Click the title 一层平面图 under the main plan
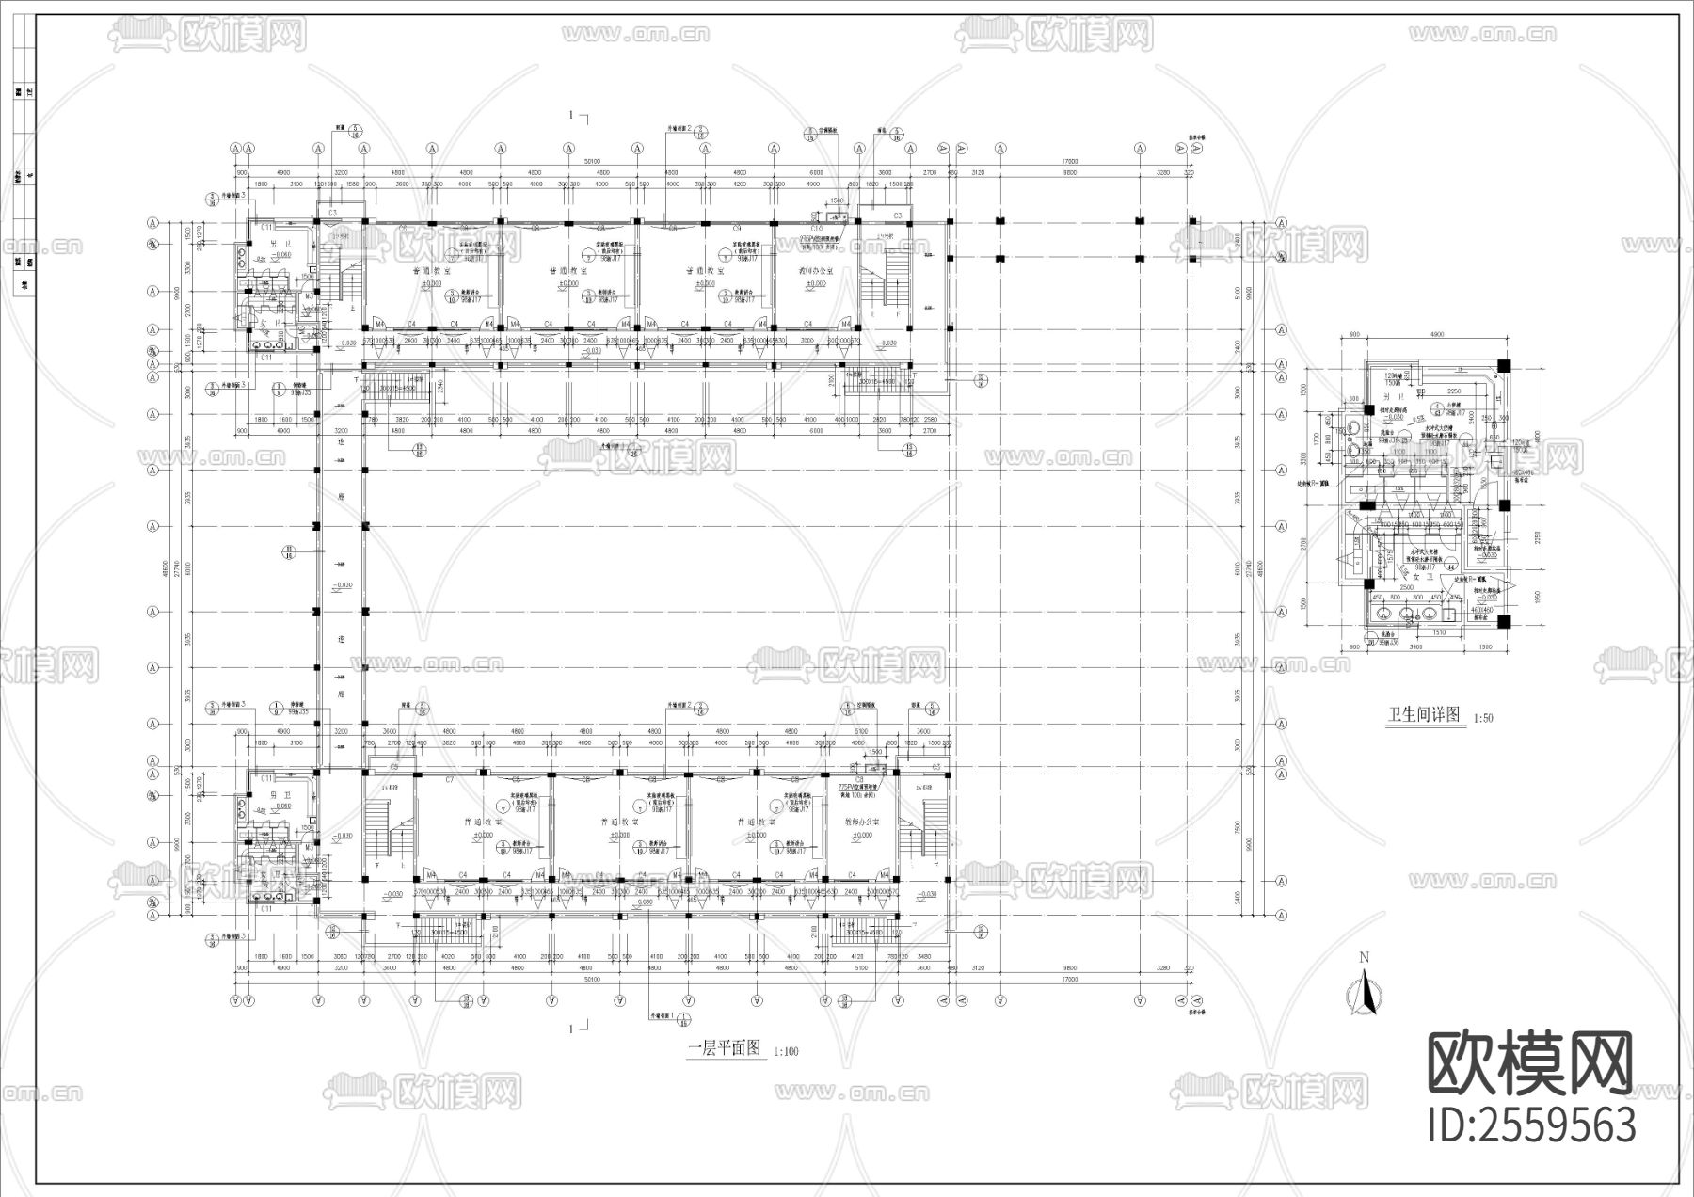725,1048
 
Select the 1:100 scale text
786,1051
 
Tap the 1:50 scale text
1483,718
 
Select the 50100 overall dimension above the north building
592,162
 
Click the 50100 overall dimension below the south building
592,980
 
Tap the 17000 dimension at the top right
1070,162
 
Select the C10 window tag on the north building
816,229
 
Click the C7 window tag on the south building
449,780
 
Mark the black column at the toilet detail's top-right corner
1503,365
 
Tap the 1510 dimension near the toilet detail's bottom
1438,633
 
